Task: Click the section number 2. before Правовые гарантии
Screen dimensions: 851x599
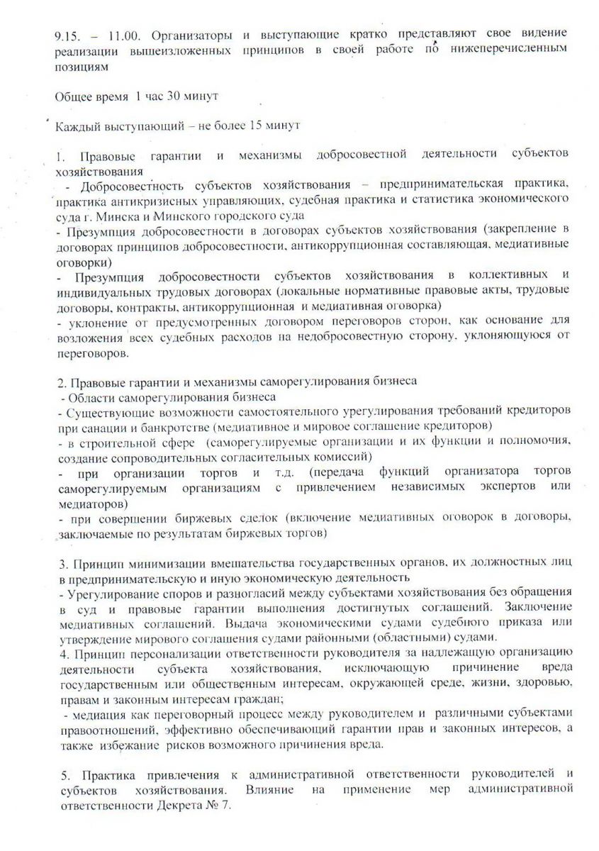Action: [60, 382]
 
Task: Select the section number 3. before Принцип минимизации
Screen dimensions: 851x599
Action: [60, 564]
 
